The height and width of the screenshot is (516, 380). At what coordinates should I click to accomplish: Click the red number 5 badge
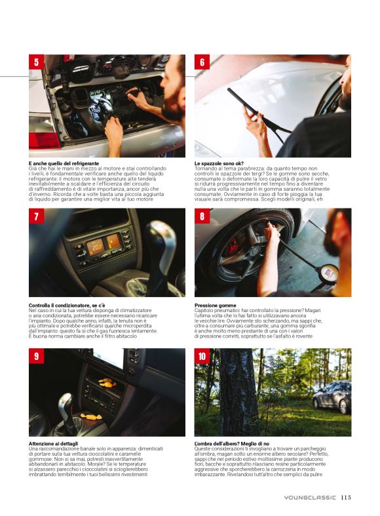(37, 62)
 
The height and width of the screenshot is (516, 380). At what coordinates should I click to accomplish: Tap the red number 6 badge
(202, 62)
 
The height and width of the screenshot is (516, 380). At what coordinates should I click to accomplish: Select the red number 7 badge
(37, 216)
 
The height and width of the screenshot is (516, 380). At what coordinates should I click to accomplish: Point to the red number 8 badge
(202, 216)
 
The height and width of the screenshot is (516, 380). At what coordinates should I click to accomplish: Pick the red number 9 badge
(37, 356)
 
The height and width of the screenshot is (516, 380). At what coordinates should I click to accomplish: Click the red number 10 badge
(202, 356)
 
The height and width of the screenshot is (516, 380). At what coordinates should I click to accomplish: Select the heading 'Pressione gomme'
(216, 306)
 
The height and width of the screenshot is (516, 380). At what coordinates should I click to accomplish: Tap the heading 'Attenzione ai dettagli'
(53, 444)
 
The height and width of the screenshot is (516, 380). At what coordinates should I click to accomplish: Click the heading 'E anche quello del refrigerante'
(64, 163)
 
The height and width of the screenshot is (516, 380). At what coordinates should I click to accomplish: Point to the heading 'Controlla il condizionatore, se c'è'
(67, 306)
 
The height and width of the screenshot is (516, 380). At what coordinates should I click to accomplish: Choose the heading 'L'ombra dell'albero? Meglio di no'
(232, 444)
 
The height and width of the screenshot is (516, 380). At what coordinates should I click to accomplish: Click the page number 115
(346, 497)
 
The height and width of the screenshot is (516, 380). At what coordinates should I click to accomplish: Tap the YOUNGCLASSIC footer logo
(310, 498)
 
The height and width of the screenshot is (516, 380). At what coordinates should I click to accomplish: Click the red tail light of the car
(44, 140)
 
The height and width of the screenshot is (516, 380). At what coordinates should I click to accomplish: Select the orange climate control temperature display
(95, 245)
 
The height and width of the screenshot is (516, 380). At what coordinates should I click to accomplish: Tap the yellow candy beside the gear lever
(90, 416)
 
